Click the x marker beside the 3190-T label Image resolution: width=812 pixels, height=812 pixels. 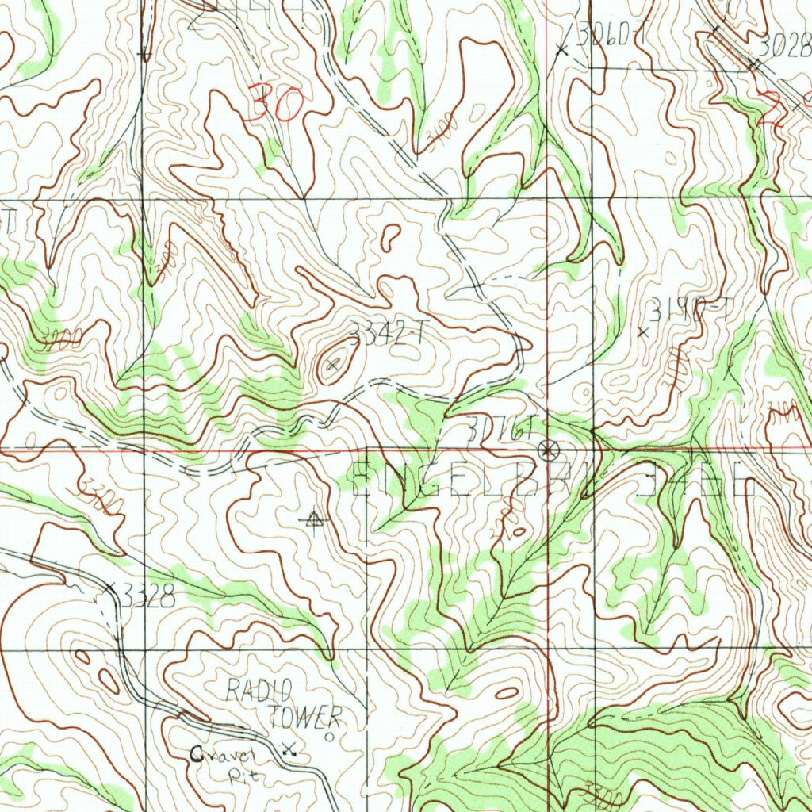pyautogui.click(x=643, y=333)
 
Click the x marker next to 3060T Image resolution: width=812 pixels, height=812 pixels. pyautogui.click(x=562, y=49)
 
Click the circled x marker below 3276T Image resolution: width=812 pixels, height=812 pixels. pyautogui.click(x=546, y=450)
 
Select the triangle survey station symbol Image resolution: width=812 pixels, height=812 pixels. pyautogui.click(x=315, y=519)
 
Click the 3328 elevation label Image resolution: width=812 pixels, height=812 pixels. pyautogui.click(x=147, y=598)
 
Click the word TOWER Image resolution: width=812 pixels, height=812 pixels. pyautogui.click(x=304, y=717)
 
